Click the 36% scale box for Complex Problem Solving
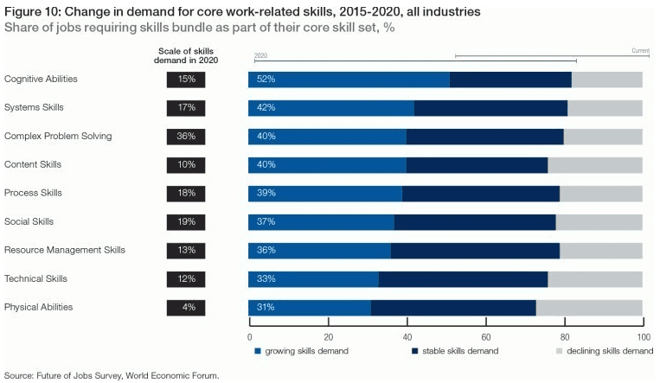(187, 137)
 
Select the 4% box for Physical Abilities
(187, 307)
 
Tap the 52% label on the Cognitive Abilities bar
(266, 80)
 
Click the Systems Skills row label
(34, 107)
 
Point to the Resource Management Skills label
(65, 250)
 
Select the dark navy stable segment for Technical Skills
(463, 278)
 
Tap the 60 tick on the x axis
(486, 337)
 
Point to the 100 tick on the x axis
(643, 337)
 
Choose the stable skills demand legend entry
(458, 351)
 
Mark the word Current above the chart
(640, 51)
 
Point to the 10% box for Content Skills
(187, 165)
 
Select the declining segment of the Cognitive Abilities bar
(607, 80)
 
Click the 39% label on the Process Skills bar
(266, 193)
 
